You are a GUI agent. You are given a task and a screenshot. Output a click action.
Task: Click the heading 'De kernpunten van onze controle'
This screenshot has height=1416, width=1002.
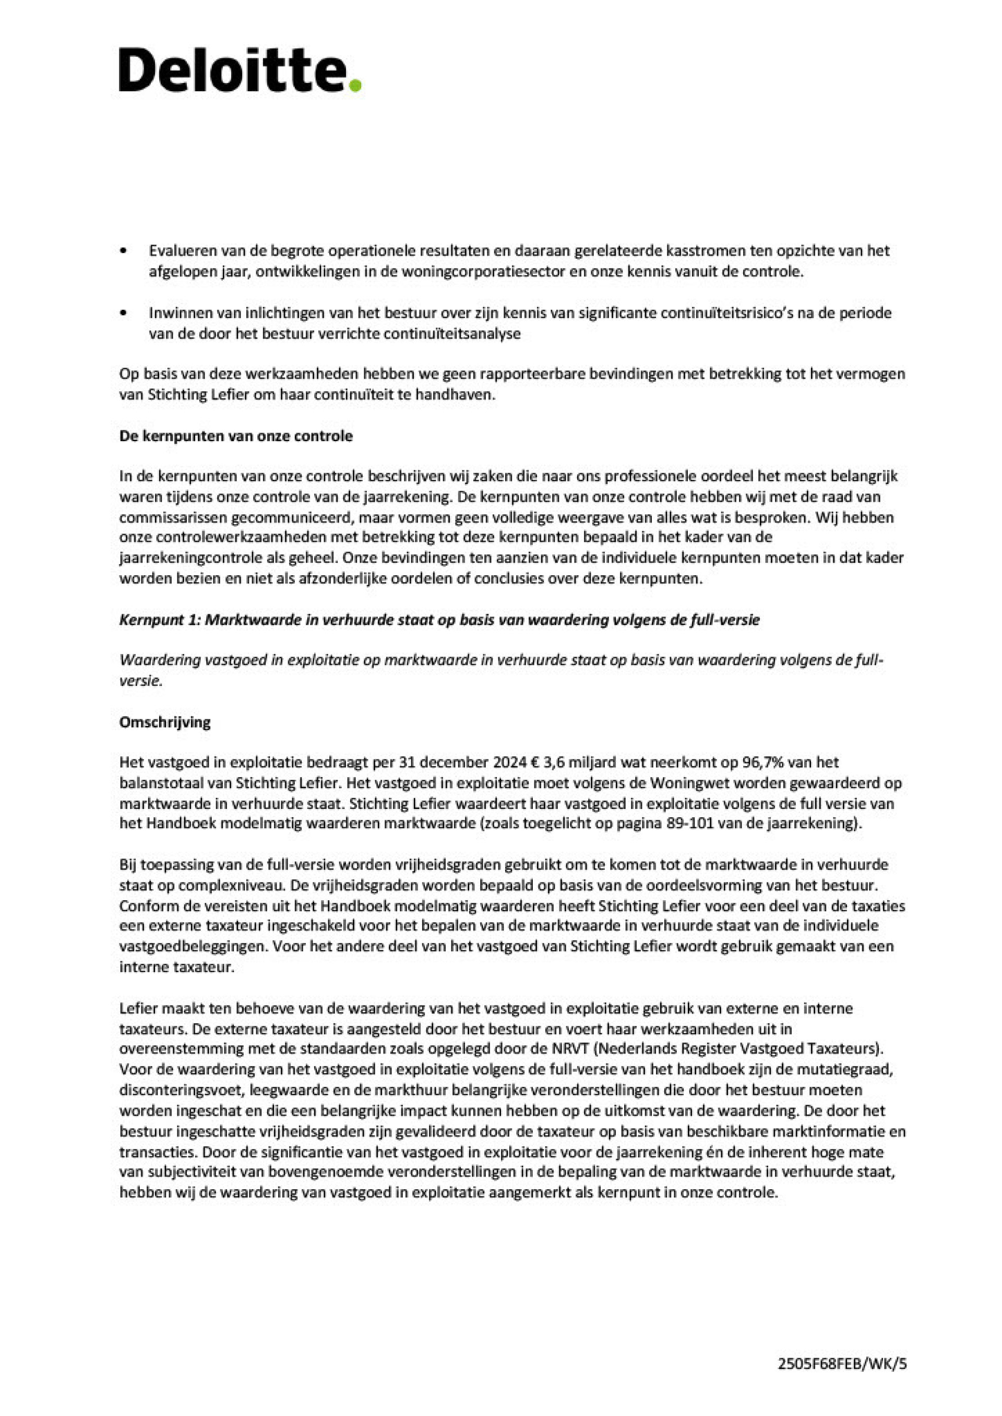(x=236, y=436)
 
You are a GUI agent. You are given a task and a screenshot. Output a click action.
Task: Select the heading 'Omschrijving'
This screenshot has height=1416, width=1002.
(x=165, y=722)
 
